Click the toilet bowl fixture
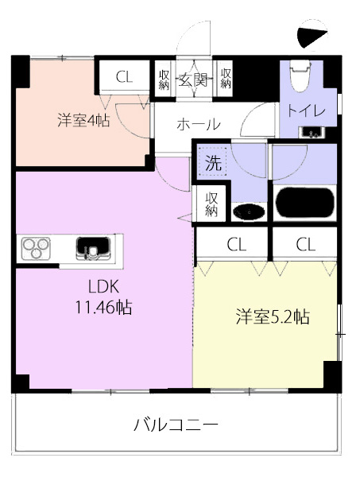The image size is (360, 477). pyautogui.click(x=300, y=76)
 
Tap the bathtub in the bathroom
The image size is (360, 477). pyautogui.click(x=304, y=203)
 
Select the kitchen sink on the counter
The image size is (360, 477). pyautogui.click(x=93, y=249)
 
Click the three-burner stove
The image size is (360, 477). pyautogui.click(x=36, y=248)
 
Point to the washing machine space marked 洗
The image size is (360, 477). pyautogui.click(x=213, y=162)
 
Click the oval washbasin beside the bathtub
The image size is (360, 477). pyautogui.click(x=249, y=211)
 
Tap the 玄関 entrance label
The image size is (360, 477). pyautogui.click(x=193, y=79)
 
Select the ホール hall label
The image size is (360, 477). pyautogui.click(x=199, y=125)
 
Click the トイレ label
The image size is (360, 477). pyautogui.click(x=307, y=111)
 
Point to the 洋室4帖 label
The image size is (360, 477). pyautogui.click(x=84, y=121)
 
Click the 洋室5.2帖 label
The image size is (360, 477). pyautogui.click(x=273, y=316)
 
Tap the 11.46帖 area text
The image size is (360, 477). pyautogui.click(x=103, y=307)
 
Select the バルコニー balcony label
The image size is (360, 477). pyautogui.click(x=176, y=425)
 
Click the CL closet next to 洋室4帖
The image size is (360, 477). pyautogui.click(x=124, y=76)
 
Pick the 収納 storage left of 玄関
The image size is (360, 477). pyautogui.click(x=164, y=79)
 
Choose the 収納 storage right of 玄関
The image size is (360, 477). pyautogui.click(x=226, y=79)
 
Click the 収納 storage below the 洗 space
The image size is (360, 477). pyautogui.click(x=211, y=204)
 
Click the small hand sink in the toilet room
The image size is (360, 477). pyautogui.click(x=312, y=133)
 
